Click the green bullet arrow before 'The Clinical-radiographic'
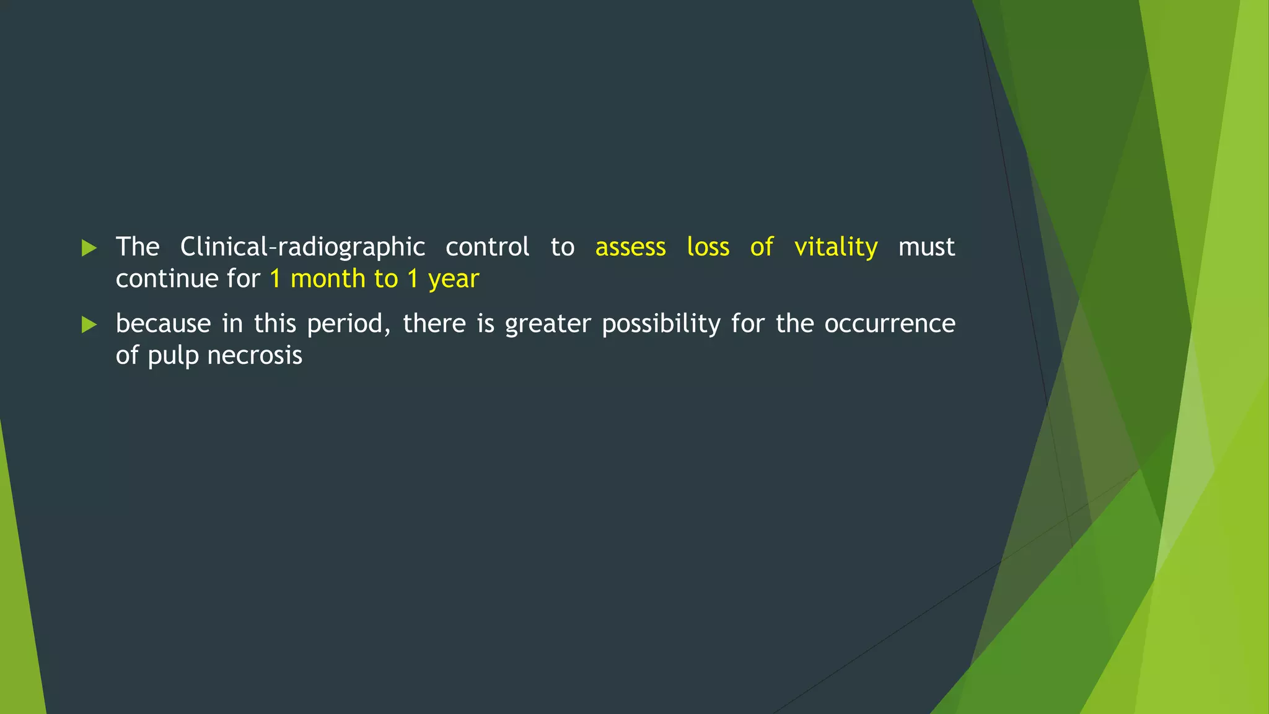(x=89, y=249)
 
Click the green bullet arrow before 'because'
(x=89, y=325)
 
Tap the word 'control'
(x=487, y=247)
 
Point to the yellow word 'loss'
(x=708, y=247)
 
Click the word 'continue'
(x=165, y=279)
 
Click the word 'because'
(x=163, y=324)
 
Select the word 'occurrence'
(x=889, y=324)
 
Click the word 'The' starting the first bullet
(x=138, y=247)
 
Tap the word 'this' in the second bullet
(x=274, y=324)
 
